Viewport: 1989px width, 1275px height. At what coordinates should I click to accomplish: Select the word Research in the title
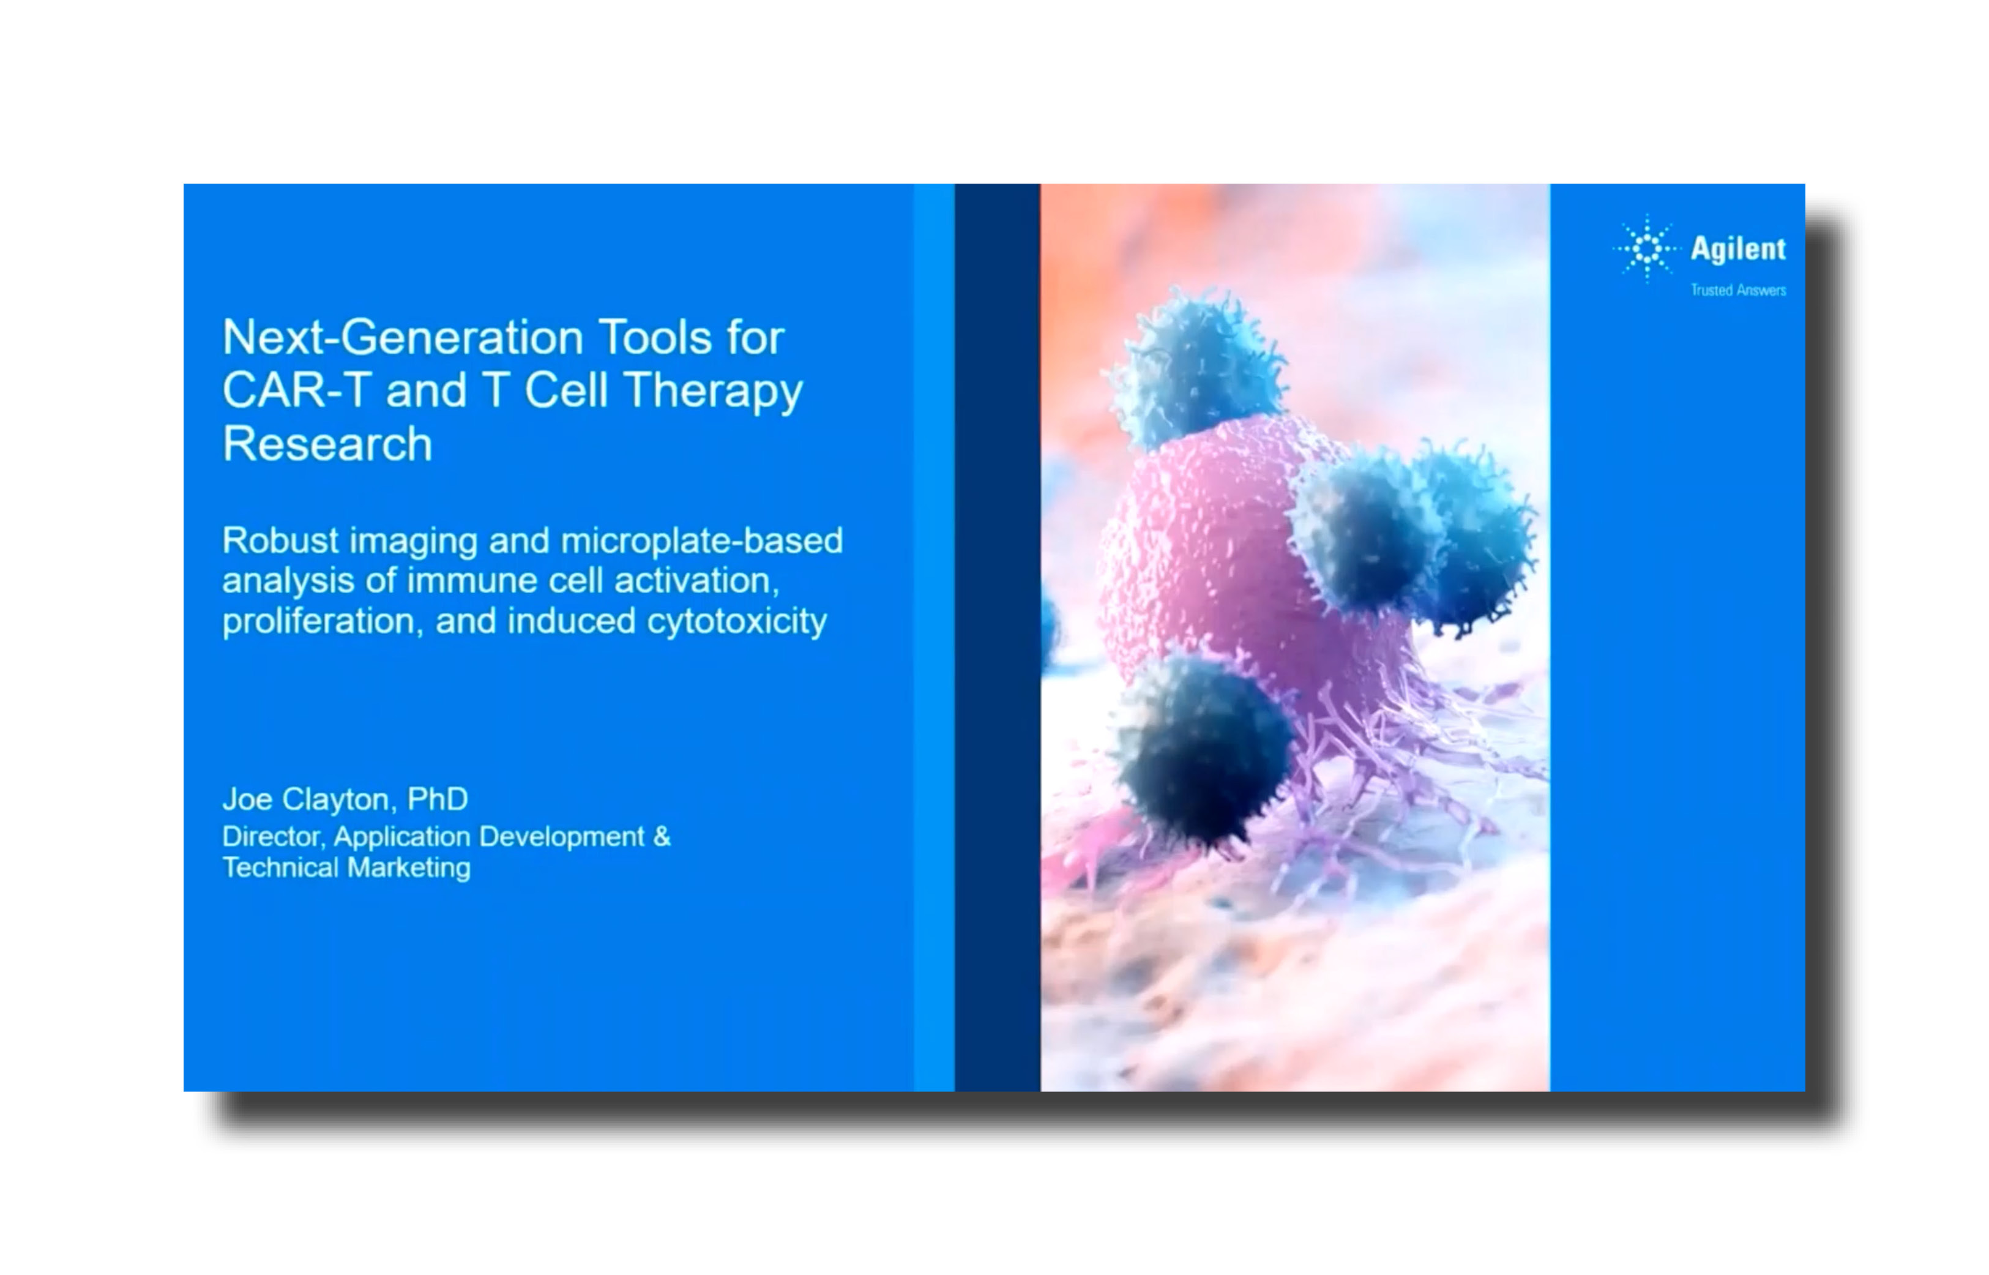(327, 444)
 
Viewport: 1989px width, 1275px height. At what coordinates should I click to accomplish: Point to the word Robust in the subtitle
(280, 540)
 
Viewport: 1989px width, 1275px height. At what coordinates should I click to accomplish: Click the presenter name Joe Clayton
(305, 799)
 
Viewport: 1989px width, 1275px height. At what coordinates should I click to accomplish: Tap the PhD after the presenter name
(437, 799)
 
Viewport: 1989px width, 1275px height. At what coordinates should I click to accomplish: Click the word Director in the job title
(272, 836)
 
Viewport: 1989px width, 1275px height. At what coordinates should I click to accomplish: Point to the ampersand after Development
(662, 836)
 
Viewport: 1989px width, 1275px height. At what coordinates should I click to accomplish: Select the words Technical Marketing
(346, 868)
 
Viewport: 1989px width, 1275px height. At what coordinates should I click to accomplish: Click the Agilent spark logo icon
(1646, 249)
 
